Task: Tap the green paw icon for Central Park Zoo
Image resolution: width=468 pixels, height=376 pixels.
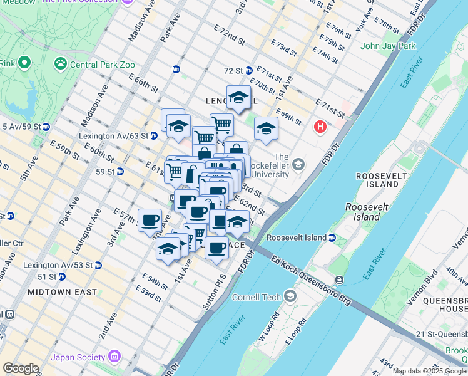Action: (x=61, y=63)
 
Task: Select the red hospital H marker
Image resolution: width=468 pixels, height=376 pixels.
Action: (x=321, y=127)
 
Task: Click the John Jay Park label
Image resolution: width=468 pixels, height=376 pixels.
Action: (x=388, y=46)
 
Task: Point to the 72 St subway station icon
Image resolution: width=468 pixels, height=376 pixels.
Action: (x=248, y=71)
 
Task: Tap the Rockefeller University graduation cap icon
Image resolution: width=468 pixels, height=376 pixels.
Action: (x=298, y=165)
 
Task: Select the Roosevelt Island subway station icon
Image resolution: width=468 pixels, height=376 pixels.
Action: (x=332, y=238)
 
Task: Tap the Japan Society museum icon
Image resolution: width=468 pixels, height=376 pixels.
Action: (x=114, y=357)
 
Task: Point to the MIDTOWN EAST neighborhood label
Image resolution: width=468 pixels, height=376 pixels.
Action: (x=62, y=292)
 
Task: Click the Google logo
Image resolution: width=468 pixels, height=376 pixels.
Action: (x=21, y=368)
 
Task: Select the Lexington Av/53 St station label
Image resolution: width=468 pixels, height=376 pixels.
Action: (x=58, y=265)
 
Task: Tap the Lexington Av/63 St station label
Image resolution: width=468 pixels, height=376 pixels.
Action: (x=113, y=135)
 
